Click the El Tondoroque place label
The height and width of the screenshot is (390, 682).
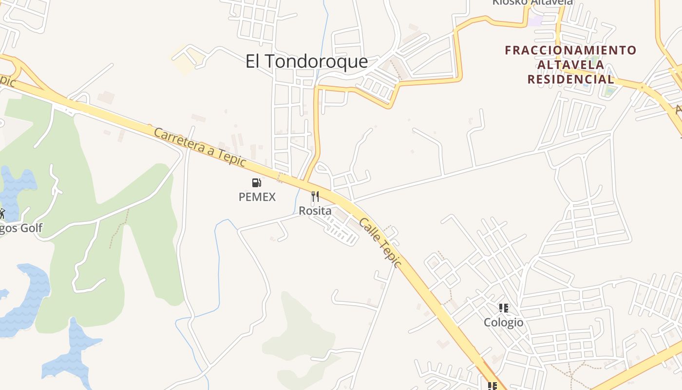tap(306, 62)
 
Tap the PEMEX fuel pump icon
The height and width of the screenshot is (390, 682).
tap(257, 183)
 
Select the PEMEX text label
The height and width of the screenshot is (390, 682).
tap(257, 197)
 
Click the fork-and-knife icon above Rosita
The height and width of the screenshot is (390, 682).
tap(315, 196)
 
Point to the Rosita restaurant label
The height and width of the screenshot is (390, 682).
tap(315, 211)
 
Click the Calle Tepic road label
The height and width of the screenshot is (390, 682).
tap(380, 243)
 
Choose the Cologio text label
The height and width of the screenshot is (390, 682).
tap(504, 322)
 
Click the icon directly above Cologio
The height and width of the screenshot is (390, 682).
tap(504, 308)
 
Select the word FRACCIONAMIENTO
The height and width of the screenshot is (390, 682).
tap(570, 50)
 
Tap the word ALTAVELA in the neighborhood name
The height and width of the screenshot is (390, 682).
tap(570, 64)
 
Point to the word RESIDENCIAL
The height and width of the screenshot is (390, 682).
tap(570, 79)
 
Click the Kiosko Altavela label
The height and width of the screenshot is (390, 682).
tap(532, 2)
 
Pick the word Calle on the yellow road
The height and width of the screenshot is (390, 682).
tap(369, 229)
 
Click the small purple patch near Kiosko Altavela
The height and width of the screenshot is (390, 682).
tap(536, 21)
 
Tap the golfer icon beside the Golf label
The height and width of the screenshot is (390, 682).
tap(1, 214)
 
